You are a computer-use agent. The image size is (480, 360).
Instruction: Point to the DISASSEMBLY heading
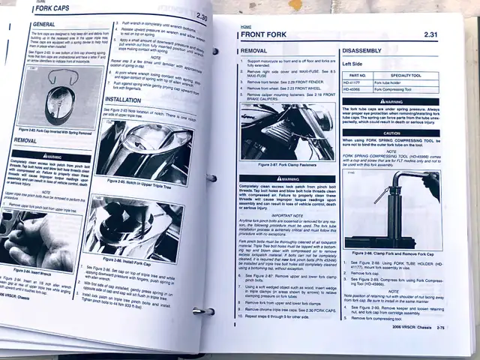(x=364, y=51)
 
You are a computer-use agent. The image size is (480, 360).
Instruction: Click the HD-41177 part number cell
(x=357, y=82)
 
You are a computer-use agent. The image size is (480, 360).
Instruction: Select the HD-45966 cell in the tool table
(x=357, y=89)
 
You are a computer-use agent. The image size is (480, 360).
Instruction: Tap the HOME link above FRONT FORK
(x=245, y=26)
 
